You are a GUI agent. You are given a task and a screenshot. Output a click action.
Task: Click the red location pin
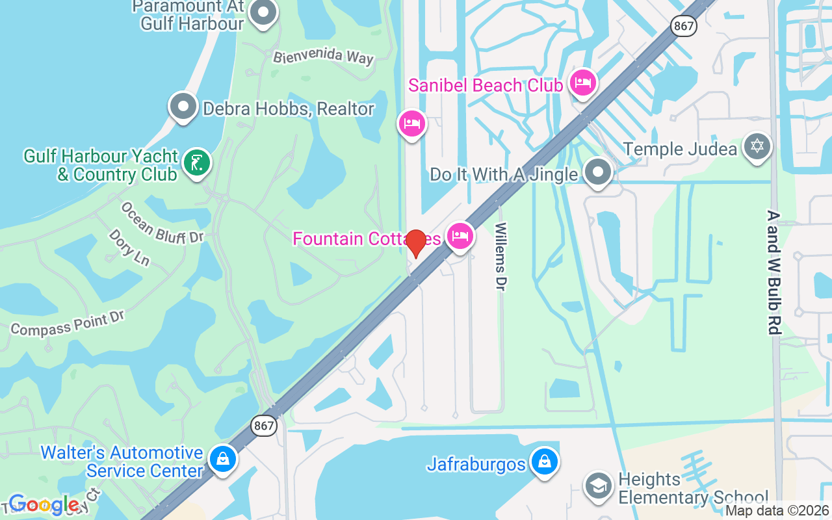(415, 242)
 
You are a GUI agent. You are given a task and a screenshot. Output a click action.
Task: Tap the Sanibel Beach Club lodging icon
(583, 83)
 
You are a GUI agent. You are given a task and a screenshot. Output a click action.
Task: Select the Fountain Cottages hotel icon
(460, 237)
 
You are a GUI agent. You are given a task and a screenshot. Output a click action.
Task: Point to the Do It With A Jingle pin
(597, 173)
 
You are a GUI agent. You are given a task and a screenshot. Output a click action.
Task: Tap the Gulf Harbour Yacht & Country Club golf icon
(196, 162)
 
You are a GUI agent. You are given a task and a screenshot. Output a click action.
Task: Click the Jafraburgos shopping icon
(544, 462)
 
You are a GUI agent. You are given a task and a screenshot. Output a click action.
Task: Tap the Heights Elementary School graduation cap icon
(597, 486)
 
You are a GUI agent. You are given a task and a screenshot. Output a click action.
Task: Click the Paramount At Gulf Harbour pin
(263, 12)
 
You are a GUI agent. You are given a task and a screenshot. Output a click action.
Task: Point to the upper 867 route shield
(684, 26)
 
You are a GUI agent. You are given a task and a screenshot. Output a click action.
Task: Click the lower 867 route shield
(265, 426)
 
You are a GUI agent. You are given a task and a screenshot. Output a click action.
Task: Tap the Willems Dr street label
(500, 257)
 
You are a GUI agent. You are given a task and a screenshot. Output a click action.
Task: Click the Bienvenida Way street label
(323, 57)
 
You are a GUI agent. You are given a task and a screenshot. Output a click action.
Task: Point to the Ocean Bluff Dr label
(162, 222)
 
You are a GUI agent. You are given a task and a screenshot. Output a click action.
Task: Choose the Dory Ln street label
(129, 247)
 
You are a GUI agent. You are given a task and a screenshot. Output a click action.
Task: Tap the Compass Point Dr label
(67, 322)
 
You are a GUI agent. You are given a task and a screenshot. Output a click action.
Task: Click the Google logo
(44, 504)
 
